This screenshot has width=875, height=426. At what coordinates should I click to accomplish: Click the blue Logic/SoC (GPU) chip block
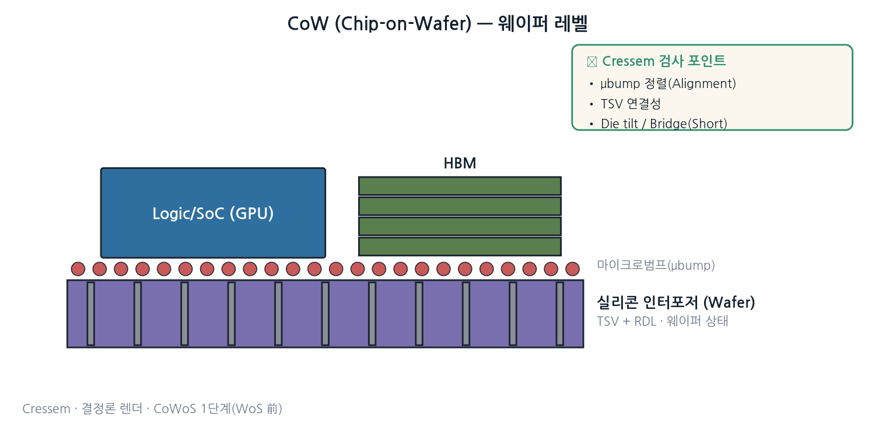[x=213, y=213]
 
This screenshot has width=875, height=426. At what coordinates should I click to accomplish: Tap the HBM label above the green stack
[x=460, y=163]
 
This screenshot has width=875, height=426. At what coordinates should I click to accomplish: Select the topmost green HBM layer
[x=460, y=186]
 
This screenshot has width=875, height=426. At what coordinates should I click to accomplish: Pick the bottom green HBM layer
[x=460, y=247]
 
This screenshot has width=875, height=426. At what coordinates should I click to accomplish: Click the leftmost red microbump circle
[x=78, y=269]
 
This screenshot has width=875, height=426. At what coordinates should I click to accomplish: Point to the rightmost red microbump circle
[x=573, y=269]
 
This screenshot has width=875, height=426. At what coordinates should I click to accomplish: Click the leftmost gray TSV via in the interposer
[x=90, y=314]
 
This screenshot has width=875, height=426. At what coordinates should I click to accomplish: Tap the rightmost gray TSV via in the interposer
[x=560, y=314]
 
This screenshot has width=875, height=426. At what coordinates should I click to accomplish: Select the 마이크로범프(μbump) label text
[x=656, y=265]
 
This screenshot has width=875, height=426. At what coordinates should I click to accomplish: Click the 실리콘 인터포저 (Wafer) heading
[x=675, y=302]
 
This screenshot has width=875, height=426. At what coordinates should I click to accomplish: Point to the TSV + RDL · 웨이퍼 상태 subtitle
[x=663, y=321]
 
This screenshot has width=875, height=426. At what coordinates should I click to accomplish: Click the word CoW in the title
[x=308, y=23]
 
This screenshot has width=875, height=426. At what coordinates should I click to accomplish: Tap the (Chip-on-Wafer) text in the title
[x=403, y=24]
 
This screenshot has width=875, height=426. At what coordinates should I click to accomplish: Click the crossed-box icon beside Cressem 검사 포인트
[x=592, y=62]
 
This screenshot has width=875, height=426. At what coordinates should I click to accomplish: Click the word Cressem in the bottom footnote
[x=46, y=409]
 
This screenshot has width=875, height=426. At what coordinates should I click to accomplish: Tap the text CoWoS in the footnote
[x=175, y=409]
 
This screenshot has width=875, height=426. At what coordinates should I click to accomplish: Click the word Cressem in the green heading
[x=628, y=61]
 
